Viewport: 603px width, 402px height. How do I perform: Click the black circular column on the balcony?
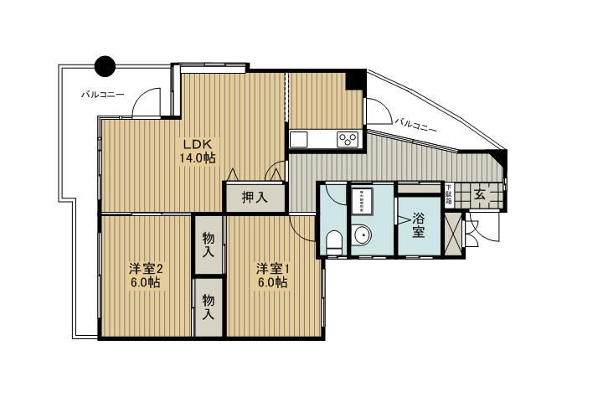105,65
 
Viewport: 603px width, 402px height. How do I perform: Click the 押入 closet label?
255,198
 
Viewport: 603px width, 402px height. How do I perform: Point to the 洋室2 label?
145,268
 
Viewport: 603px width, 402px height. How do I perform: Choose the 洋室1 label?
272,268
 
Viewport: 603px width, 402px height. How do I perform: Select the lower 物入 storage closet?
209,308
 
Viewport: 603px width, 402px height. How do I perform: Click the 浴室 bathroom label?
419,224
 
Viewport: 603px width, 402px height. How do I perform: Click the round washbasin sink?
363,234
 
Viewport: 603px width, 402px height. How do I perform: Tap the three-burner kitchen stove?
348,139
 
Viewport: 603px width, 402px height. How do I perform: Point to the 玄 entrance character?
480,195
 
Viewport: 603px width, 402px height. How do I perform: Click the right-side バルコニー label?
415,124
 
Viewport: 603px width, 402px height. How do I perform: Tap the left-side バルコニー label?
102,95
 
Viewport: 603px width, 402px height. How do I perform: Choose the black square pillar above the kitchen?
355,80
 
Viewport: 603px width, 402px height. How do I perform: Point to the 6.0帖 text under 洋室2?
145,284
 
